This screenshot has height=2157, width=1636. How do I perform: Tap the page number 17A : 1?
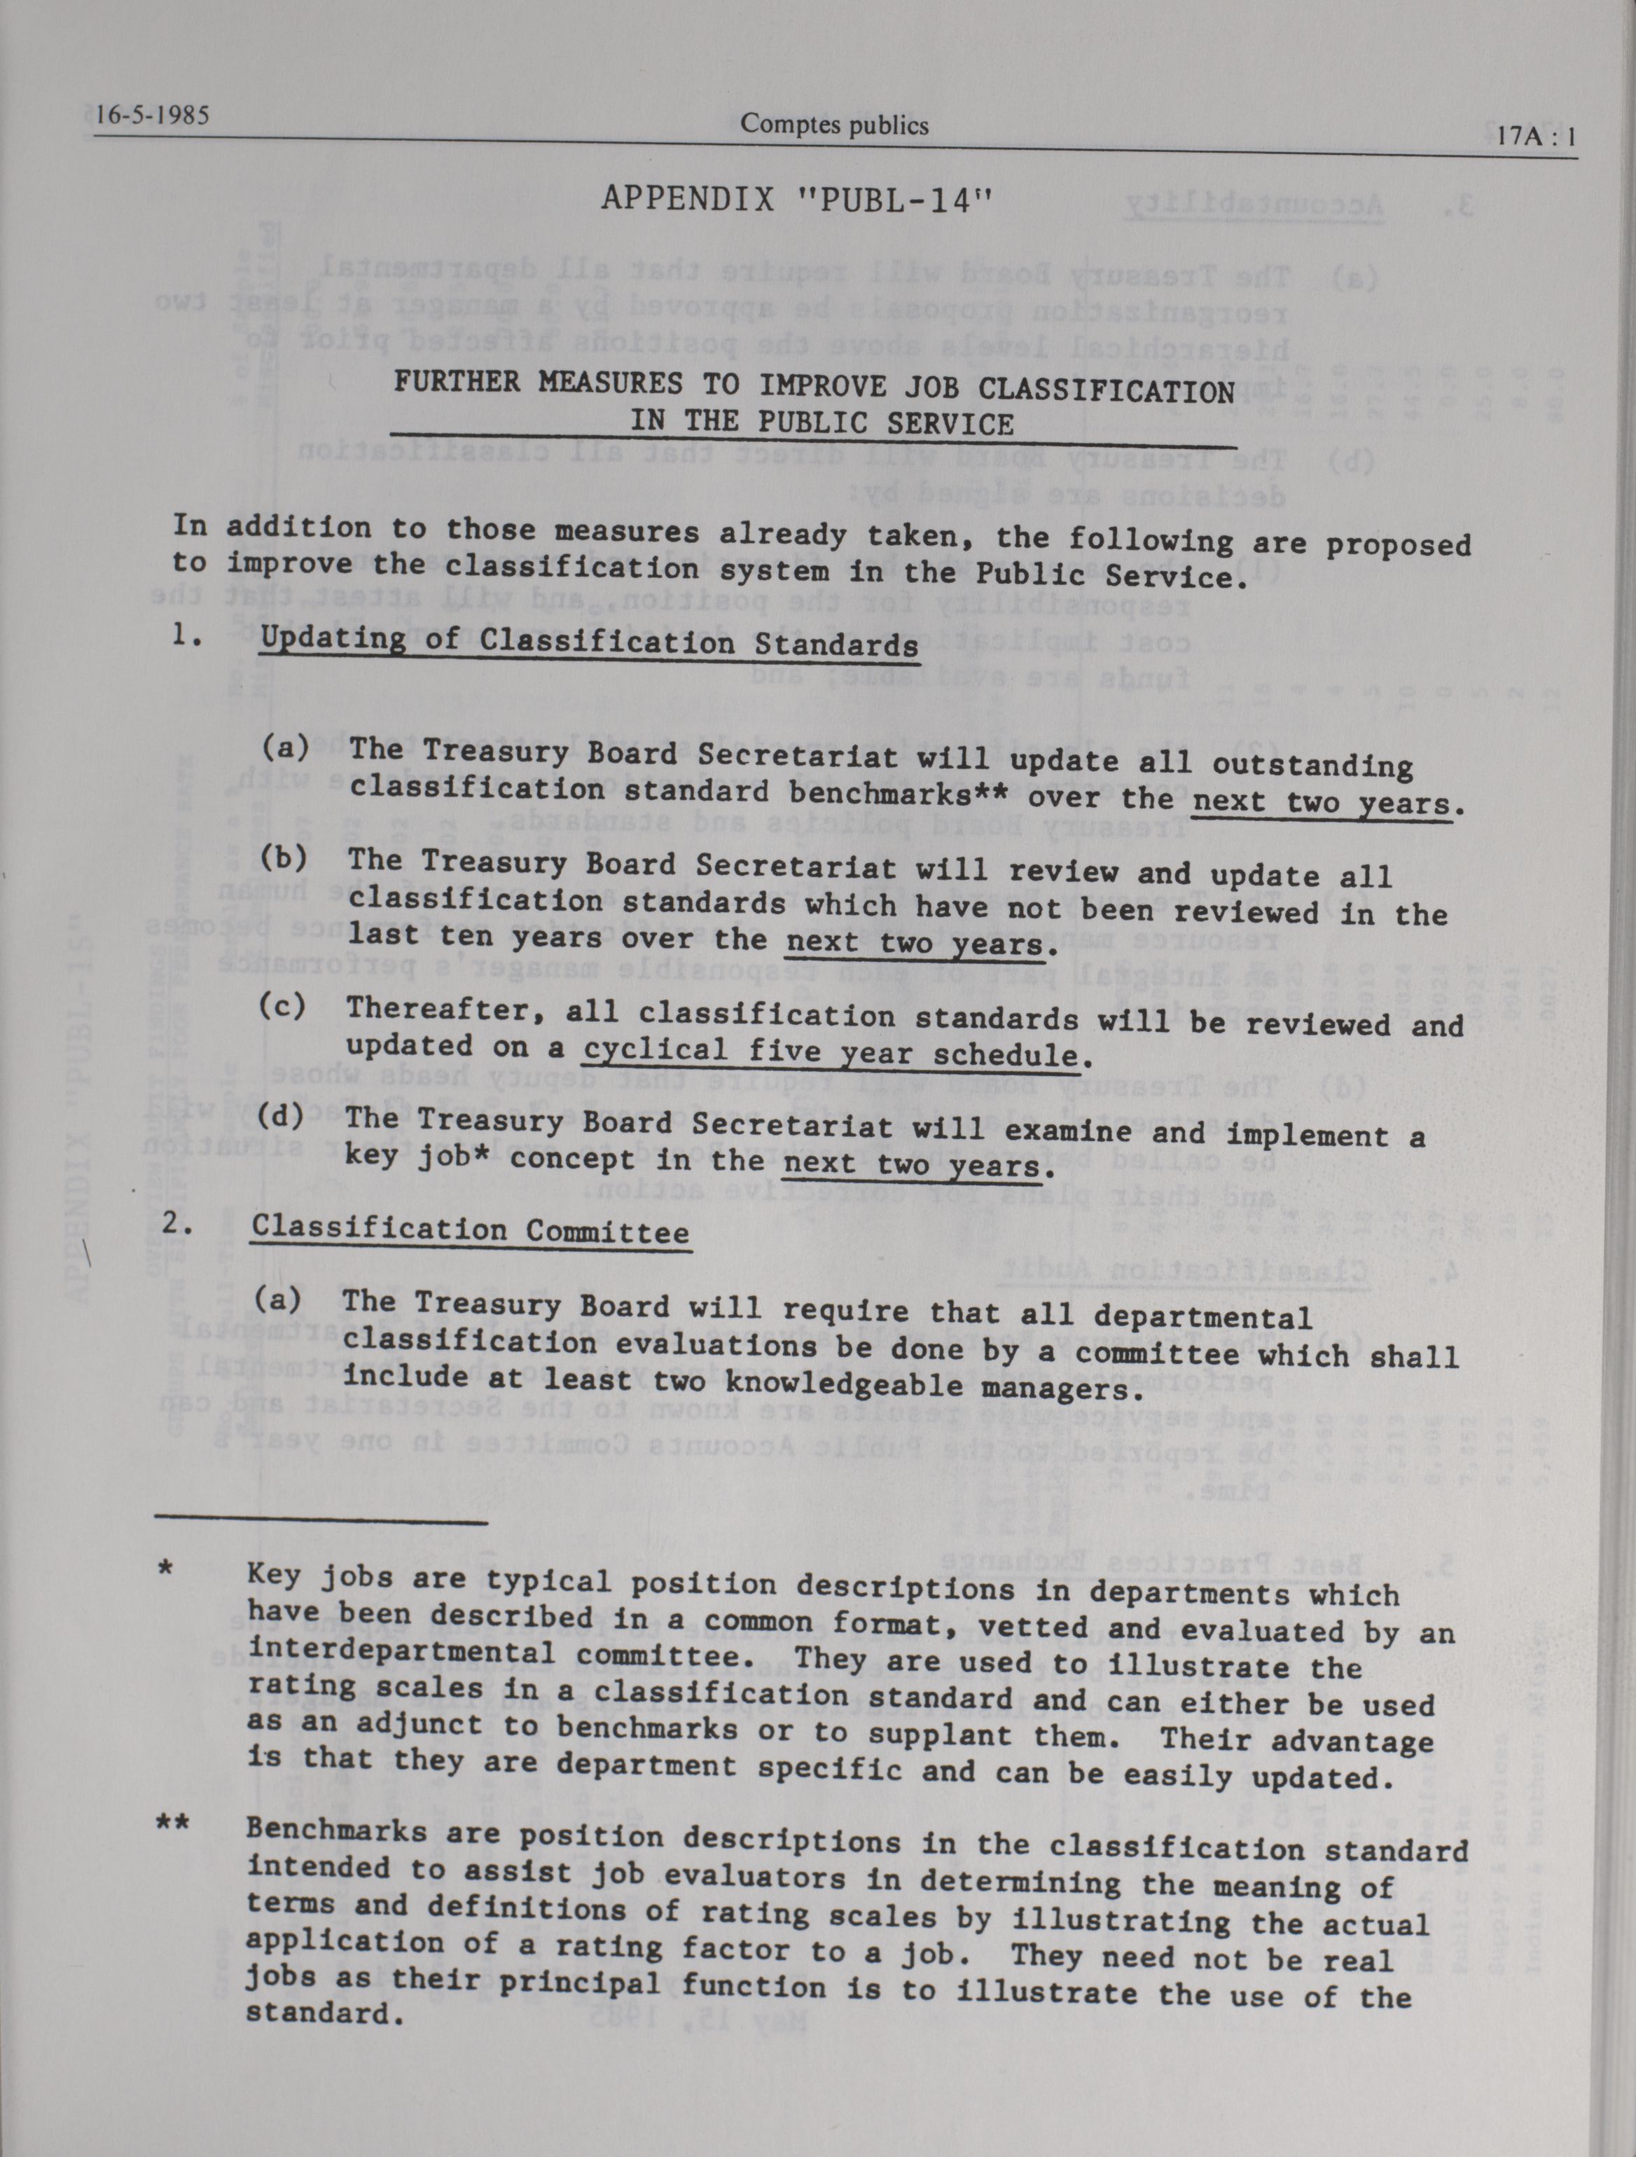click(1536, 137)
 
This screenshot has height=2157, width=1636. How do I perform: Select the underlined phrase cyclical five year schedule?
click(831, 1052)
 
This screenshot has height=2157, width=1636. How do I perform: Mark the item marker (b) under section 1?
click(284, 858)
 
